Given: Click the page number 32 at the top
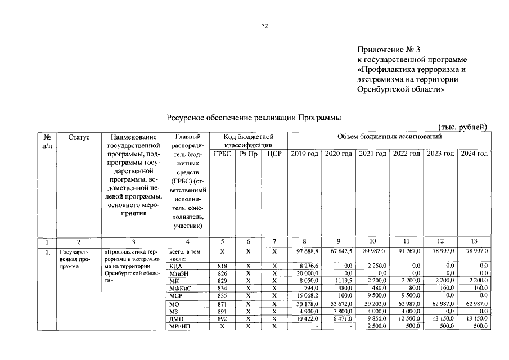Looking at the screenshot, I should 264,26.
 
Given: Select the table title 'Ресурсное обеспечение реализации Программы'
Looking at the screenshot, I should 254,117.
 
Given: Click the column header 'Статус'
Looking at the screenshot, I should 79,137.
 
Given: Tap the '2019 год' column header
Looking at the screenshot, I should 304,154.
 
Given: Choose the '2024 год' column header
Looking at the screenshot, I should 474,154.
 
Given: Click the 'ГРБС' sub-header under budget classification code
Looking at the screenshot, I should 223,154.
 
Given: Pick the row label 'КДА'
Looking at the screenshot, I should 175,266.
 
